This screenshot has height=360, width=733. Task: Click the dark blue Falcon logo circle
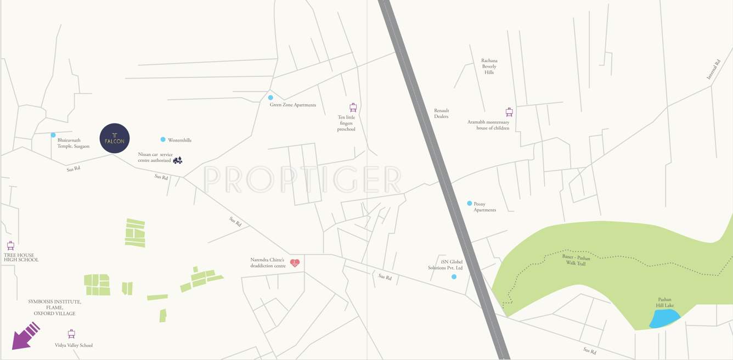[115, 138]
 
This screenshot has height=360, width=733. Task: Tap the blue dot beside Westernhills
[163, 140]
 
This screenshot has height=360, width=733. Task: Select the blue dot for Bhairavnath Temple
[53, 135]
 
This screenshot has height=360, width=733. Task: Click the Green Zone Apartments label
[293, 105]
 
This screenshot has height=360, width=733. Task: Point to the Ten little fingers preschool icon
[353, 108]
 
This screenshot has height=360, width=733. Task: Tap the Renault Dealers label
[441, 114]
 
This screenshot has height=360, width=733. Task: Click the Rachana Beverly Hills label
[489, 66]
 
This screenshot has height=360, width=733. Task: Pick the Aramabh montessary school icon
[509, 112]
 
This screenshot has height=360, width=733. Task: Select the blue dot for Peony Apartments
[470, 204]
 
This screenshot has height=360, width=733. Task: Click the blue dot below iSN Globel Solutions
[454, 277]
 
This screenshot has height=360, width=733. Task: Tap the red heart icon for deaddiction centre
[295, 263]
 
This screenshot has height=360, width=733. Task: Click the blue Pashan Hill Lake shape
[664, 318]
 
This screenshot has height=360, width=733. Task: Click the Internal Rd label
[713, 70]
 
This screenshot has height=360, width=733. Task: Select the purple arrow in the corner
[25, 335]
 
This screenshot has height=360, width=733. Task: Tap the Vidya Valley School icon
[71, 334]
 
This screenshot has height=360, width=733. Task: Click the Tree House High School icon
[10, 246]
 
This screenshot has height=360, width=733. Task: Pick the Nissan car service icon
[177, 160]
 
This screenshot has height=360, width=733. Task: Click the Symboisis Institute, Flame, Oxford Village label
[54, 307]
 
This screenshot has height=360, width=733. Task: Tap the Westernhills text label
[179, 140]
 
